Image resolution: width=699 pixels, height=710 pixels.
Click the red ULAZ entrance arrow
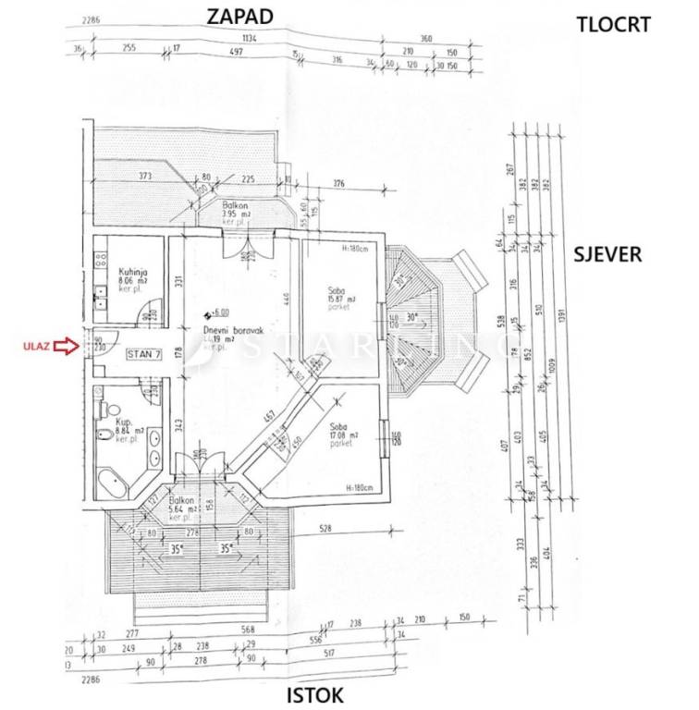click(x=65, y=347)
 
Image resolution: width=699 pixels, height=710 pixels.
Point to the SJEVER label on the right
click(x=607, y=254)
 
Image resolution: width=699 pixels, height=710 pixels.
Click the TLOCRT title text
click(x=612, y=24)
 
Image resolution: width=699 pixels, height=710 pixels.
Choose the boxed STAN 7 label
click(x=144, y=354)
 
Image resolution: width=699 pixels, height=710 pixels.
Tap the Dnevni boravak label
click(x=228, y=330)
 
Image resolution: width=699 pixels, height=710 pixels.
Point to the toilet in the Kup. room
click(x=108, y=408)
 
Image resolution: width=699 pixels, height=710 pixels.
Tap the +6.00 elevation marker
click(x=218, y=313)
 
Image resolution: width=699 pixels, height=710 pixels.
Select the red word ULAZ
click(x=31, y=348)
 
